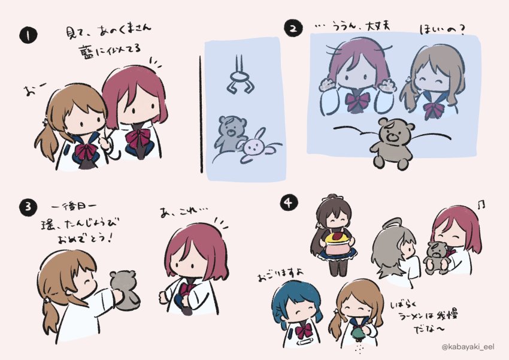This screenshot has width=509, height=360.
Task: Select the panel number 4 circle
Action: point(287,203)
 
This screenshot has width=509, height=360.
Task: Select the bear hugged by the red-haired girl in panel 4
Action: point(436,256)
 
